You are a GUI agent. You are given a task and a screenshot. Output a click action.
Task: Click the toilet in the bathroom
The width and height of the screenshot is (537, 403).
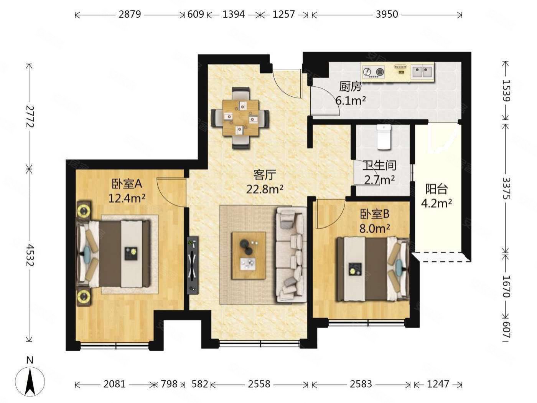click(x=383, y=137)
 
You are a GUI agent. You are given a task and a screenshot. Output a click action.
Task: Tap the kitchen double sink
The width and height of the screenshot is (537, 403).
click(x=422, y=72)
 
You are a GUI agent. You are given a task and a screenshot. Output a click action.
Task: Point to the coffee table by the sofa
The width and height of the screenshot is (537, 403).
click(x=249, y=255)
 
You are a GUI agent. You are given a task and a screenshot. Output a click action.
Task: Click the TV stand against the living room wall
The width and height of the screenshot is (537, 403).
click(x=193, y=265)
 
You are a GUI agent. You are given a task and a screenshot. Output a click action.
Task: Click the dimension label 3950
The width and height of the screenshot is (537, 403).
click(x=387, y=15)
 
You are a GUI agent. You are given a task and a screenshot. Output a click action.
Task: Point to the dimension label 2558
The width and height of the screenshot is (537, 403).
click(x=259, y=384)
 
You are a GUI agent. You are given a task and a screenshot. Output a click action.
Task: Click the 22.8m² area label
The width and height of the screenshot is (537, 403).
click(x=265, y=189)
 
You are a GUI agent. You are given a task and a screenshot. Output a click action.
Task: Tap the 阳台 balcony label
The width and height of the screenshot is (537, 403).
click(x=437, y=189)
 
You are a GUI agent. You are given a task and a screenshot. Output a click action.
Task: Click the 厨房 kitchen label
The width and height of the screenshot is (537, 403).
click(x=350, y=86)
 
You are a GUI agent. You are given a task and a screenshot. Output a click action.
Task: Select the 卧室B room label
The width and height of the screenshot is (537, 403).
click(x=374, y=214)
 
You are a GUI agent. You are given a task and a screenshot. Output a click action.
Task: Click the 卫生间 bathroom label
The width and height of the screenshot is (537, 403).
click(x=379, y=165)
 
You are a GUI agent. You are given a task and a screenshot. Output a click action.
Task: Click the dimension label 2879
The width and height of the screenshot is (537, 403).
click(x=130, y=15)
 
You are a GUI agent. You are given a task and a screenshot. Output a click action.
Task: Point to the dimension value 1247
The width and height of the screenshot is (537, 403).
click(x=438, y=384)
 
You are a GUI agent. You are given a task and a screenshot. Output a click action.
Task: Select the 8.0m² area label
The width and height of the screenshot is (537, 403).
click(x=374, y=228)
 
